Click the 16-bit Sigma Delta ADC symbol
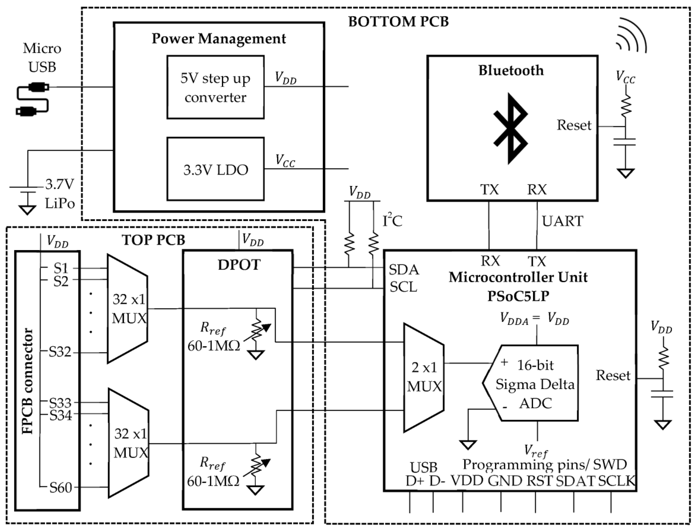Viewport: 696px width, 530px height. [x=533, y=383]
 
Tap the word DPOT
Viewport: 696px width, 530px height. [x=239, y=265]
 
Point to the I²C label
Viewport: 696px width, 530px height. [x=392, y=221]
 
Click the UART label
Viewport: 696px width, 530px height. [x=563, y=221]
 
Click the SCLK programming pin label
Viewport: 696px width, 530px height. [x=616, y=481]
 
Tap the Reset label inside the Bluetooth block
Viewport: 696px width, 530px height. [x=574, y=125]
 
